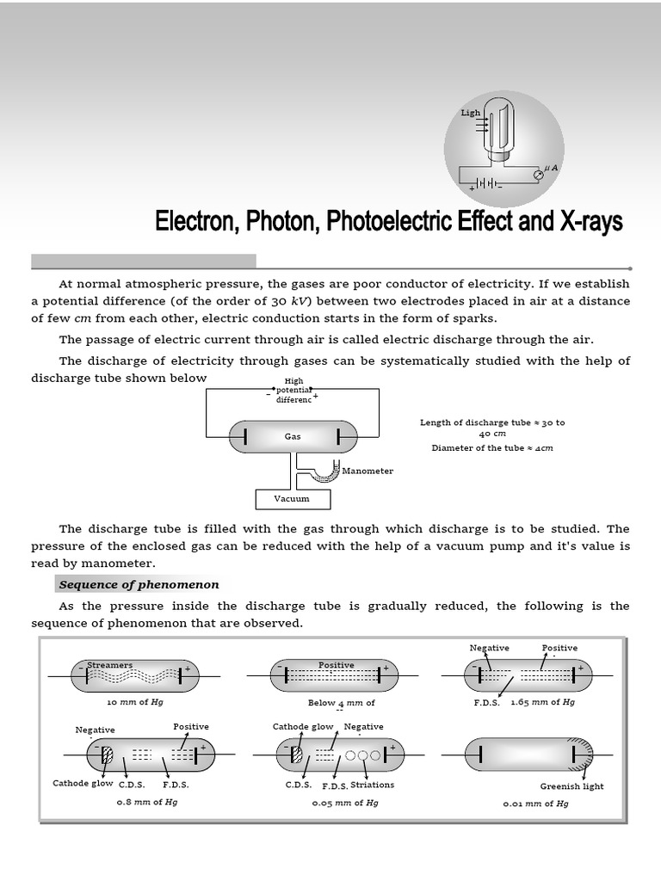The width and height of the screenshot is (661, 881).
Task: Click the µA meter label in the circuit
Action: pyautogui.click(x=550, y=169)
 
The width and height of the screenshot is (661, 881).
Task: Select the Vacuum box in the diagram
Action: pyautogui.click(x=292, y=498)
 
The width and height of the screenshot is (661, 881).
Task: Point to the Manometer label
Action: pyautogui.click(x=368, y=471)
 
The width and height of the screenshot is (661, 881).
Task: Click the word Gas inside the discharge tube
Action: pyautogui.click(x=293, y=436)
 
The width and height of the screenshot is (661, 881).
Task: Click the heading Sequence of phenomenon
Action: pyautogui.click(x=139, y=585)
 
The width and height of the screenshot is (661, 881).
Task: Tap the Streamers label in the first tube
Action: pyautogui.click(x=110, y=665)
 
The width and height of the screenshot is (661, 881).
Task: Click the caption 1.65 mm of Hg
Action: pyautogui.click(x=542, y=702)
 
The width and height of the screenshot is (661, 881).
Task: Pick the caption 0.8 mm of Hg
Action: pyautogui.click(x=147, y=801)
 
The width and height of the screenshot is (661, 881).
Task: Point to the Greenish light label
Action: pyautogui.click(x=571, y=786)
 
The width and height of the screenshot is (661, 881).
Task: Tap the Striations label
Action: pyautogui.click(x=373, y=785)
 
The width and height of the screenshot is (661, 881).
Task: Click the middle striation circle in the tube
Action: pyautogui.click(x=362, y=755)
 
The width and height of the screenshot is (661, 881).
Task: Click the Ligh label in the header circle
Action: pyautogui.click(x=471, y=113)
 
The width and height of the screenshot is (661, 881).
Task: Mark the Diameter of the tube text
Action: pyautogui.click(x=492, y=447)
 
